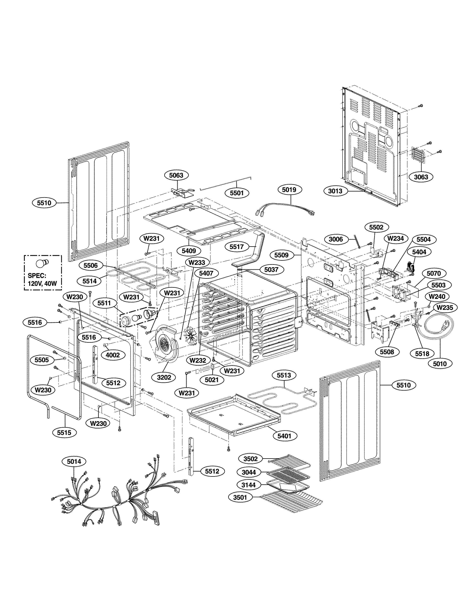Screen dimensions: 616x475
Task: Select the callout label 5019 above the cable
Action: [289, 190]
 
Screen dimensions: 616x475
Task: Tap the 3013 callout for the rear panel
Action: [335, 191]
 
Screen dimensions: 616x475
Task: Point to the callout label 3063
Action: [421, 177]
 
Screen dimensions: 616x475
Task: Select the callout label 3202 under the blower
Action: [164, 377]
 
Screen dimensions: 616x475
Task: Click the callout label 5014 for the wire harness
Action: [74, 461]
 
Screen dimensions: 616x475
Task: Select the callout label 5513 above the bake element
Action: [284, 375]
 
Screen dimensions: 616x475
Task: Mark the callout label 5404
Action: [419, 252]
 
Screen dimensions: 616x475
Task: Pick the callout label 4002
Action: [112, 355]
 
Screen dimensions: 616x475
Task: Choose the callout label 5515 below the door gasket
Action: [64, 432]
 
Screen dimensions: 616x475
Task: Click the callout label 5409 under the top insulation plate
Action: [189, 250]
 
